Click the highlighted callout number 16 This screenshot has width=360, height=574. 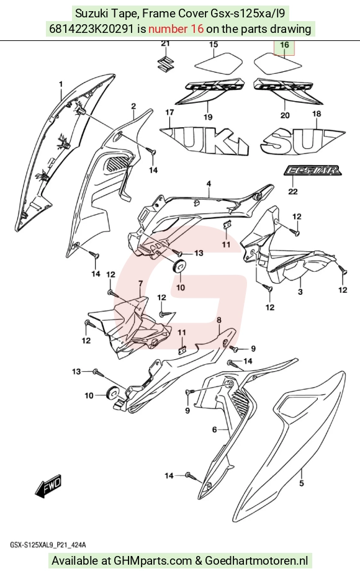pos(284,45)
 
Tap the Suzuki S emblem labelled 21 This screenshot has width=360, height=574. pos(166,63)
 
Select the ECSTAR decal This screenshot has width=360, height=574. pos(313,171)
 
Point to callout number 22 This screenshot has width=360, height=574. pos(292,191)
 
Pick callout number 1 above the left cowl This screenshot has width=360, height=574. pos(61,84)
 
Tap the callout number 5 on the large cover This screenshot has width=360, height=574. pos(302,483)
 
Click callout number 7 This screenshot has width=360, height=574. pos(140,283)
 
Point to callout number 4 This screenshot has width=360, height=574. pos(209,184)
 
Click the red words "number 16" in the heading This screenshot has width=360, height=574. pos(176,29)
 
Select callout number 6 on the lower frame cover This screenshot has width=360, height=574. pos(215,429)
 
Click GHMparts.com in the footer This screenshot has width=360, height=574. pos(153,560)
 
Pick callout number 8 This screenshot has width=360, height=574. pos(219,320)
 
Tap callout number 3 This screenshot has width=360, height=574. pos(300,292)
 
